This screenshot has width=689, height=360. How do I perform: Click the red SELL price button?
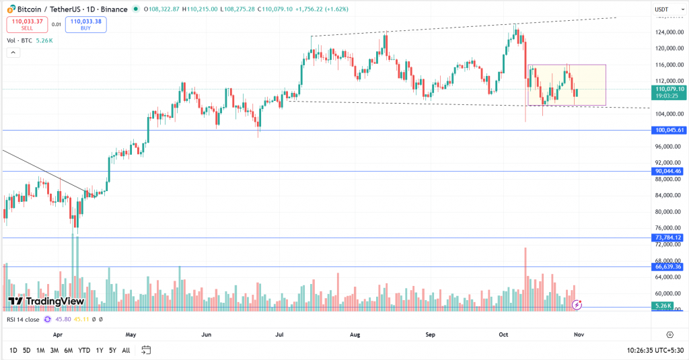click(x=26, y=24)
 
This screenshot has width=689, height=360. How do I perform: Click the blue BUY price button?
click(x=85, y=24)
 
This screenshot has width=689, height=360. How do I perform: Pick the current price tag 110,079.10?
click(x=668, y=89)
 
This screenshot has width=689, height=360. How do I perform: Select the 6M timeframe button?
click(x=69, y=350)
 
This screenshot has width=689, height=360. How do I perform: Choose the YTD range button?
click(x=84, y=350)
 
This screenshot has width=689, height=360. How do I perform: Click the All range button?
click(x=126, y=350)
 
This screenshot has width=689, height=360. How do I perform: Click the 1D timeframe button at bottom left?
click(x=13, y=350)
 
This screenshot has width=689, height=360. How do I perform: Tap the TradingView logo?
click(x=46, y=301)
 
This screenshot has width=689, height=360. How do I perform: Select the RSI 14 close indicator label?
click(x=24, y=319)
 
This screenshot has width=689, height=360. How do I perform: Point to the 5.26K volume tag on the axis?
click(x=663, y=306)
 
